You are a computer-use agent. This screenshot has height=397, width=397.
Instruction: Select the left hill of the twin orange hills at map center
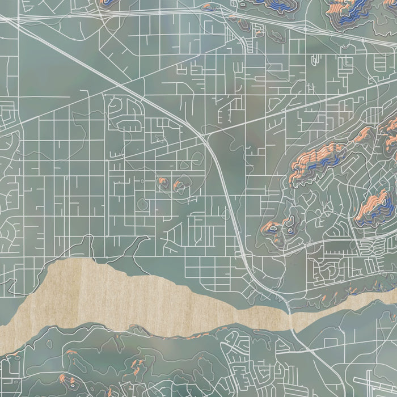[x=163, y=181]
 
